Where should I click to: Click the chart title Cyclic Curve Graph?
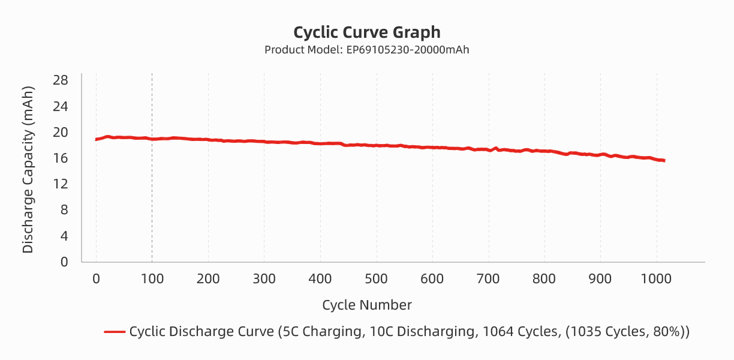click(366, 32)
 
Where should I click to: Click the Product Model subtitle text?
click(366, 50)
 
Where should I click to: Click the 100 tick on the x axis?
click(152, 278)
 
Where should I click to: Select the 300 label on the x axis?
click(264, 278)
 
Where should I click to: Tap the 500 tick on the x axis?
click(376, 278)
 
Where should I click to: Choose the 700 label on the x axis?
click(488, 278)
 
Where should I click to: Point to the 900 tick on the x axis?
click(600, 278)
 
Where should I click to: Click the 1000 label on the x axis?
click(657, 278)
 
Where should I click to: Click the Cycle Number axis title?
click(366, 305)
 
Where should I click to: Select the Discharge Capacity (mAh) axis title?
click(28, 169)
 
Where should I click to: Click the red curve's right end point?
click(664, 160)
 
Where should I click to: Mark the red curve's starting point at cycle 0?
click(97, 139)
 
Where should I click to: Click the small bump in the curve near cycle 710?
click(496, 148)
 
